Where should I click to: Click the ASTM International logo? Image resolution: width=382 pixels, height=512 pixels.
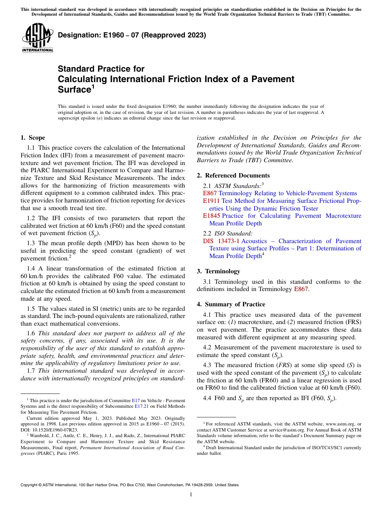click(37, 37)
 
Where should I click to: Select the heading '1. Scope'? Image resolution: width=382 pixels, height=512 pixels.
click(33, 138)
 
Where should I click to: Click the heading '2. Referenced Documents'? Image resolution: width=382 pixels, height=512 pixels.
click(233, 175)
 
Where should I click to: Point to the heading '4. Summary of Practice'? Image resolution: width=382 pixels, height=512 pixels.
click(231, 304)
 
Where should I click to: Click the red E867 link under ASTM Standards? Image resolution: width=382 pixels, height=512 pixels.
click(210, 193)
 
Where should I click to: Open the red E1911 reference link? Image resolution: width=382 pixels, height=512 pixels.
click(212, 201)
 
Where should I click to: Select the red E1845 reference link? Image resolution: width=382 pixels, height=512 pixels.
click(212, 216)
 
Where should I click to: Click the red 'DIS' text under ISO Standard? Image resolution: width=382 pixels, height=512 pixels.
click(208, 241)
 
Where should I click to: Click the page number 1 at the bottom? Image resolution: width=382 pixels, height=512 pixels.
click(191, 495)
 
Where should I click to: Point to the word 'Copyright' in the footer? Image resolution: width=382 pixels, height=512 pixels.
click(31, 485)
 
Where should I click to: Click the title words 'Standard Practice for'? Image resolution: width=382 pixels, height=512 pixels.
click(101, 69)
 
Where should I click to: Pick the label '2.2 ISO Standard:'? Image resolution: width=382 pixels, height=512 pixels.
click(228, 233)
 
